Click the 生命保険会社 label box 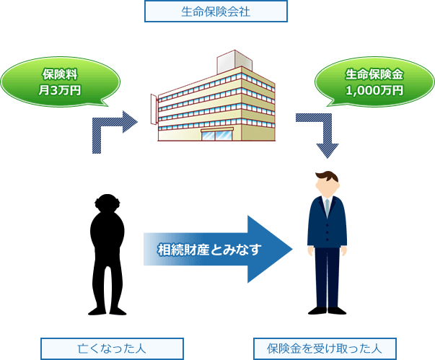coord(216,12)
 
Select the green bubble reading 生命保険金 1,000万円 coord(374,82)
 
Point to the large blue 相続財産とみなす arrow coord(216,250)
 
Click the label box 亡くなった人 coord(112,348)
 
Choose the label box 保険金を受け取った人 coord(325,348)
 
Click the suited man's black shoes coord(327,310)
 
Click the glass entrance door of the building coord(216,134)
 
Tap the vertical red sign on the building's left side coord(153,109)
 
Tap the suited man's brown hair coord(328,176)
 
